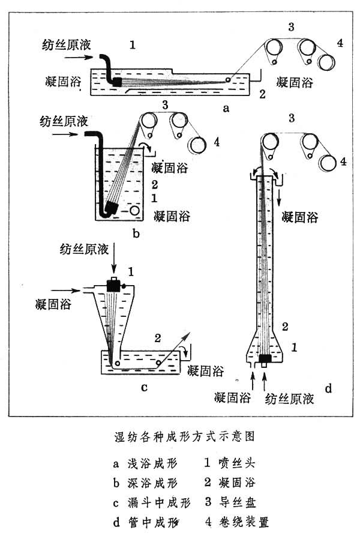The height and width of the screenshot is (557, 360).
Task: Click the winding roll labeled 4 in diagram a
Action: point(328,62)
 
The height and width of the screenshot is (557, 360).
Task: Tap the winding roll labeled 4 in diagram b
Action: point(197,144)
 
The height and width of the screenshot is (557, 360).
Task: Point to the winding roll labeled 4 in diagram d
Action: point(328,163)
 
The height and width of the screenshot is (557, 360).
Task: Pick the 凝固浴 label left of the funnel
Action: point(53,305)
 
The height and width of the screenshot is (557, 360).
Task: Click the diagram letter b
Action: point(136,233)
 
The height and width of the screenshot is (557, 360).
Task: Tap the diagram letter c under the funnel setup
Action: point(144,387)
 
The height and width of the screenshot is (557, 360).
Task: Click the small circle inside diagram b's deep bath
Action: point(136,211)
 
